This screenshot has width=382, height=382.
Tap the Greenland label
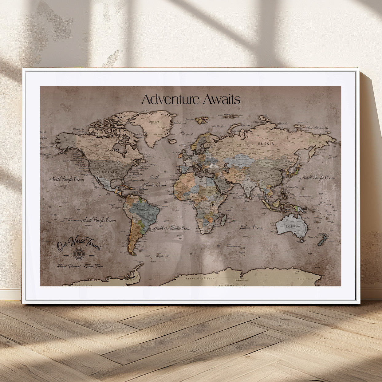(154, 122)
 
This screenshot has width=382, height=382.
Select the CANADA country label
(113, 150)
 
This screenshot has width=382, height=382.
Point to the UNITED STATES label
(107, 172)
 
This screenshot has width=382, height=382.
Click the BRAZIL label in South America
(144, 210)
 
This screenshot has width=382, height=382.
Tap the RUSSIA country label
(266, 144)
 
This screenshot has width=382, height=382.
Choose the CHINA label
(268, 176)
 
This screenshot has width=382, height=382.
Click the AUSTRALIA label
(293, 226)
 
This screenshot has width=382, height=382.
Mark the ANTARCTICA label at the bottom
(232, 286)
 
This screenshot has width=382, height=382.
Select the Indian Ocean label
(251, 228)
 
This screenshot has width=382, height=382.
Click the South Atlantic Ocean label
(172, 228)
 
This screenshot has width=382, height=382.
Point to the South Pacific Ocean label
(99, 220)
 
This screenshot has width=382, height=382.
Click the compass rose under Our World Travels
(78, 253)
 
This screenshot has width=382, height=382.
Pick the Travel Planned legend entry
(69, 266)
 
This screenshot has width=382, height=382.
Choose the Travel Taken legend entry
(94, 266)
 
